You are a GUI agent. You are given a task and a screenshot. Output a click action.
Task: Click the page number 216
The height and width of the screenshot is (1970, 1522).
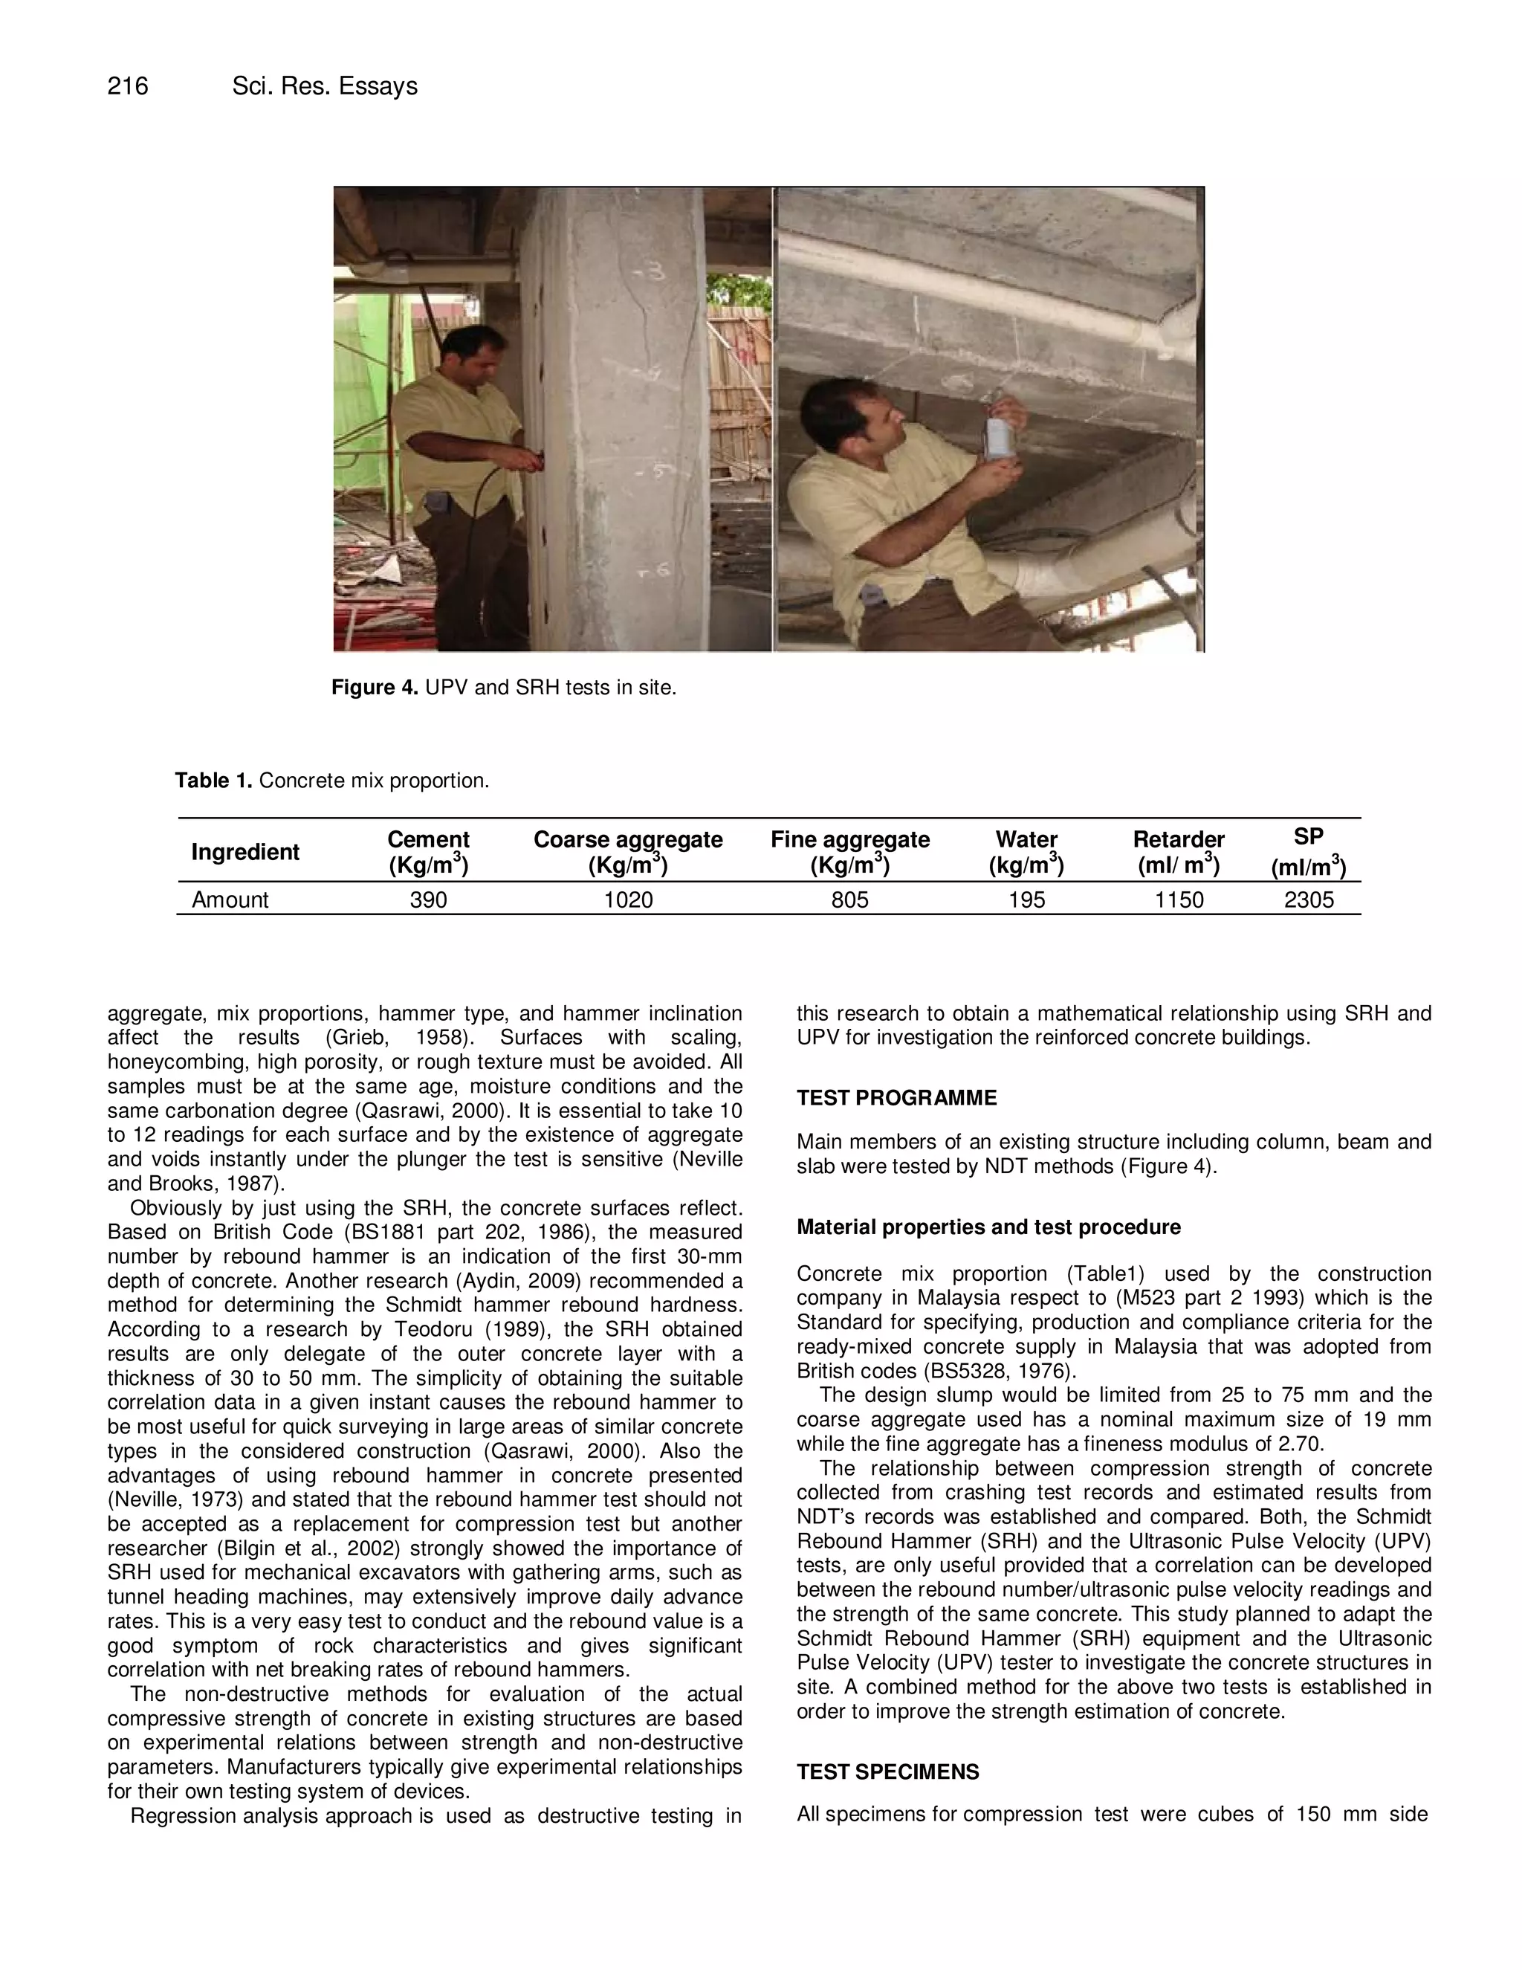coord(128,86)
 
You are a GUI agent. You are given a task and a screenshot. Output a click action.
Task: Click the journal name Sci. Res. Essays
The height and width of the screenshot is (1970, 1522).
coord(325,86)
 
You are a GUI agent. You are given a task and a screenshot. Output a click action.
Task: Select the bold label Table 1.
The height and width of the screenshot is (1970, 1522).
coord(214,781)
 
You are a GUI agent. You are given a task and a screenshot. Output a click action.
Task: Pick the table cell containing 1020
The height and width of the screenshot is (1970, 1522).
coord(629,900)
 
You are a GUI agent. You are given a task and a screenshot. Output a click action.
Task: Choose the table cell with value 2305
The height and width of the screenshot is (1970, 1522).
coord(1308,900)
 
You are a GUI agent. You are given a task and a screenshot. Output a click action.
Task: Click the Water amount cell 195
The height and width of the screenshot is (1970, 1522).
coord(1026,900)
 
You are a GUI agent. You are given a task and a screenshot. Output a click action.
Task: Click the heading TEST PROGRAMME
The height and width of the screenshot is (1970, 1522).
coord(896,1098)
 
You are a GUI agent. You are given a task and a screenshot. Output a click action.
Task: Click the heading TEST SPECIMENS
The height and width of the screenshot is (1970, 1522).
coord(887,1772)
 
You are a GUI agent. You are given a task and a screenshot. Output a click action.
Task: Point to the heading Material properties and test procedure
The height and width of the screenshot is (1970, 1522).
coord(988,1227)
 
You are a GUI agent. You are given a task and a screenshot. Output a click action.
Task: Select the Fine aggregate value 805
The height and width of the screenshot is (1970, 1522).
coord(849,900)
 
